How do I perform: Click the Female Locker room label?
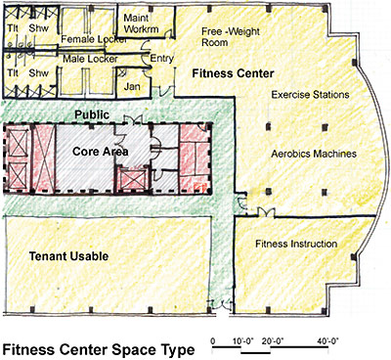click(87, 39)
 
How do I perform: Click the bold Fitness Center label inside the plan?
click(232, 74)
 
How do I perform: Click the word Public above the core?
click(93, 114)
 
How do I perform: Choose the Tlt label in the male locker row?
click(13, 73)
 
